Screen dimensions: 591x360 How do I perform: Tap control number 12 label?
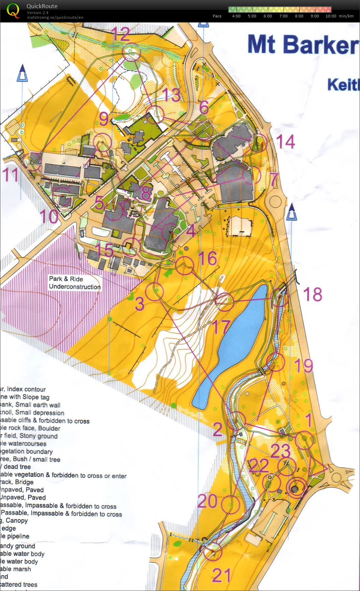(120, 33)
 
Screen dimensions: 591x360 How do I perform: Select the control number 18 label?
(312, 294)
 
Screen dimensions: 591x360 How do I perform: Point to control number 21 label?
(221, 575)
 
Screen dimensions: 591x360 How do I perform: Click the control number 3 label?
(140, 304)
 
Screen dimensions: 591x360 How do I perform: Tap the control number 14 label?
(285, 142)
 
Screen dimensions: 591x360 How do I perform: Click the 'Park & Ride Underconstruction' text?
(74, 283)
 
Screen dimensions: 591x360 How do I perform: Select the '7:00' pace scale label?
(283, 16)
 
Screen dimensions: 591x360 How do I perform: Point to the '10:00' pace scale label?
(331, 16)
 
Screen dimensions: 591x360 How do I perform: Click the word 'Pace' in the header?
(217, 16)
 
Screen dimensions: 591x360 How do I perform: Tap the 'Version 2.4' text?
(38, 13)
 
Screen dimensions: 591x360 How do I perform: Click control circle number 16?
(185, 265)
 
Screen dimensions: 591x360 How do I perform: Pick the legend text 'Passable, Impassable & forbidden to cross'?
(61, 514)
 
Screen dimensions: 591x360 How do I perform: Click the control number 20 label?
(207, 501)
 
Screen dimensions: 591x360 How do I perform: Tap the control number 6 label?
(204, 108)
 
